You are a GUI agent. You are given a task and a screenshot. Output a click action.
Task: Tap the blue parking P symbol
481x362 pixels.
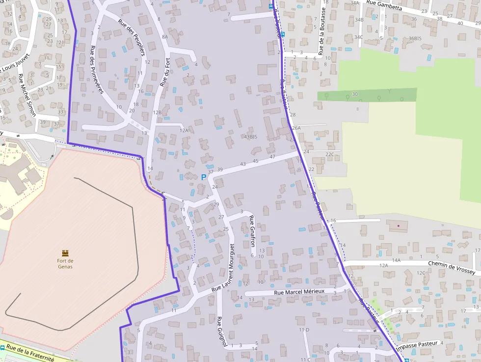204,177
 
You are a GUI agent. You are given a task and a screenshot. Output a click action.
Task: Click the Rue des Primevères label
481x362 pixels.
97,69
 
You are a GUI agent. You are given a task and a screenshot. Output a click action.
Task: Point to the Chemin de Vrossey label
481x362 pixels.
452,267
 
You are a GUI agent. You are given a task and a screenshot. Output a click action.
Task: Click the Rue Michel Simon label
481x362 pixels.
27,95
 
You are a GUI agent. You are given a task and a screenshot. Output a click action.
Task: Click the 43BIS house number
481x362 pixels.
250,137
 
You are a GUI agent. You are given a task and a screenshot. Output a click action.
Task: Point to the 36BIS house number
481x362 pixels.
415,38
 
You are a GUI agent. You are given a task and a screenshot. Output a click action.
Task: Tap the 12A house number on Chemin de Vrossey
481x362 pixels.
384,265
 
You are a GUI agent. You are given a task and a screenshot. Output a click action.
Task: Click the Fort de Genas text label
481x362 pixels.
65,264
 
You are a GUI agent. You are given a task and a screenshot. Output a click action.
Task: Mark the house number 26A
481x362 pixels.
296,128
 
